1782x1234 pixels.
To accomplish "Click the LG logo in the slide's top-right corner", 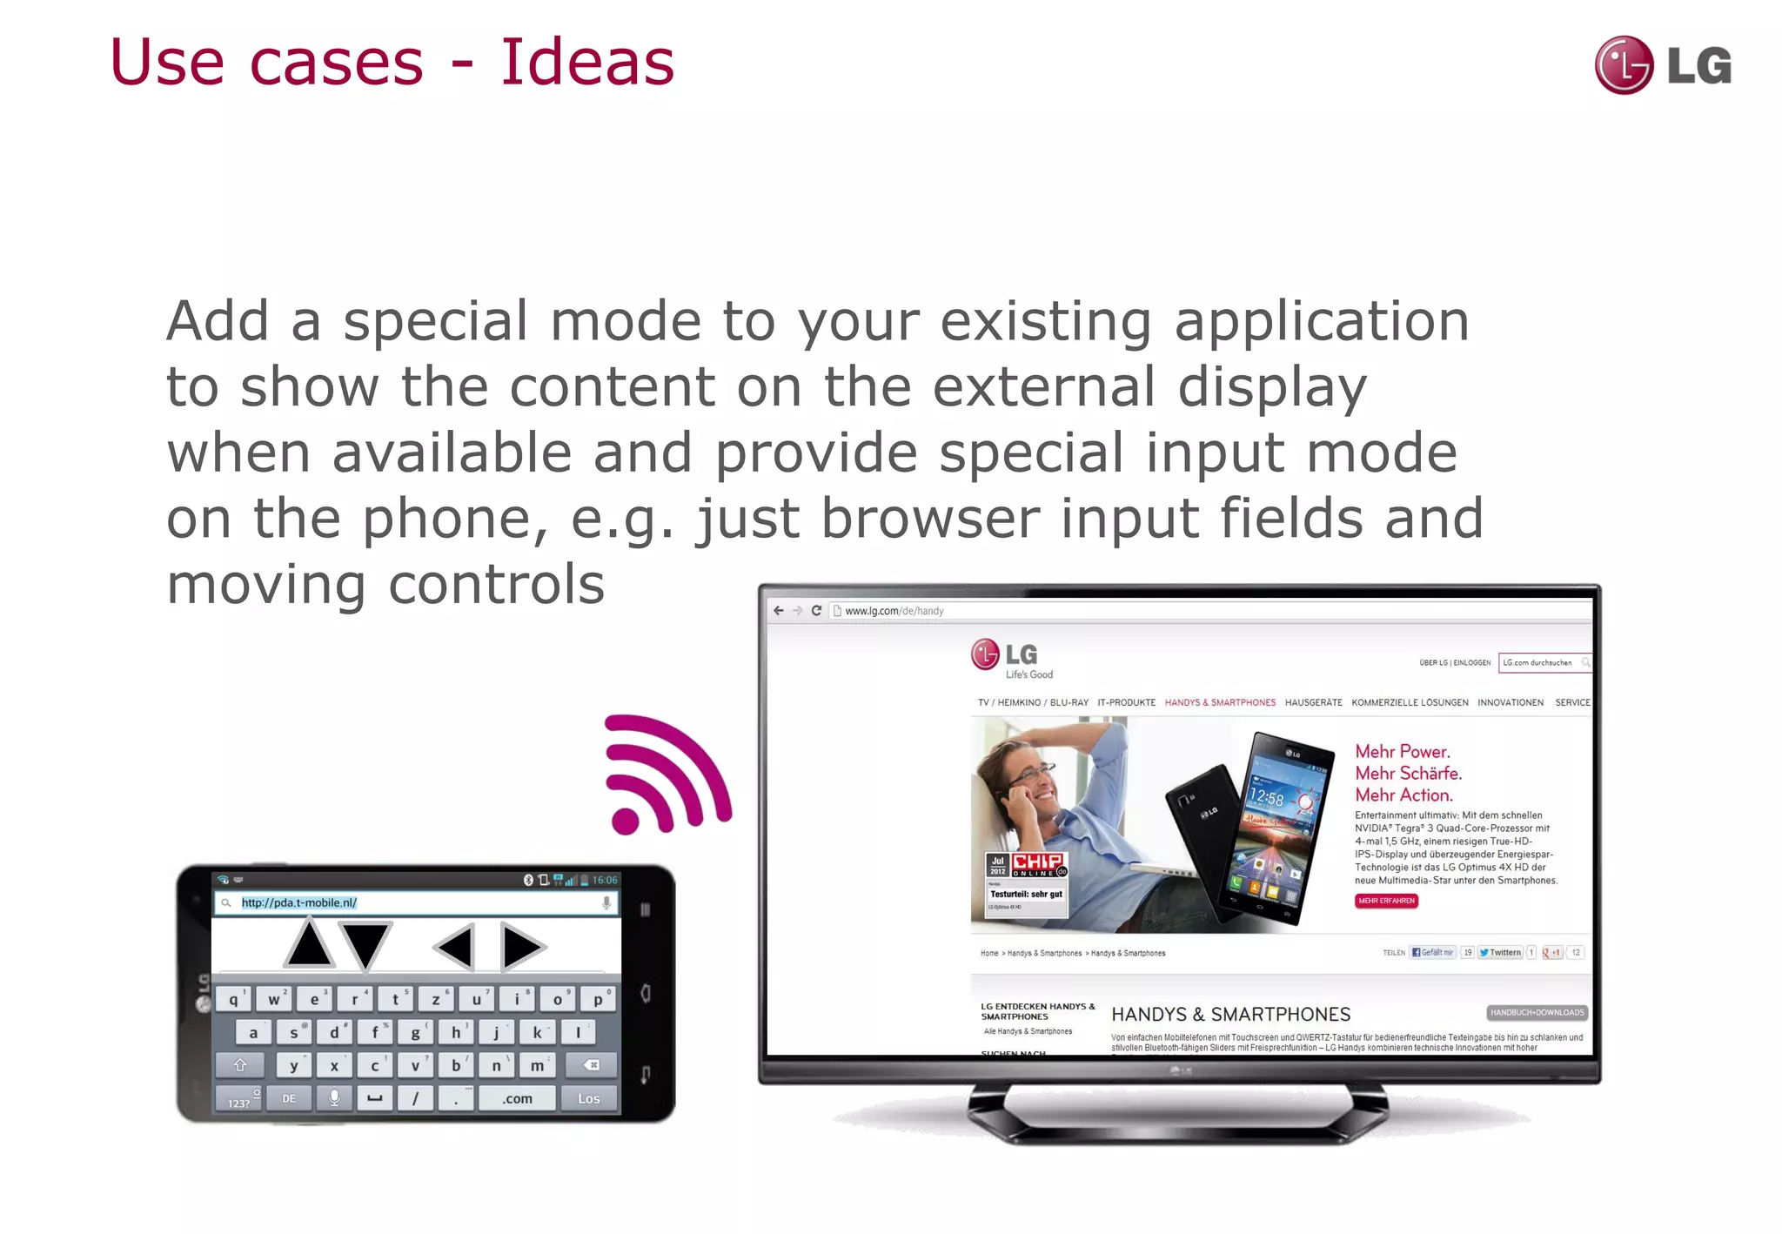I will click(x=1663, y=65).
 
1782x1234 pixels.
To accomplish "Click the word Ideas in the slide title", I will click(x=587, y=63).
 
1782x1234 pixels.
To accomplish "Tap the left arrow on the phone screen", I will click(x=455, y=946).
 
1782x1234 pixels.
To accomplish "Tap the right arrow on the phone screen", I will click(x=522, y=947).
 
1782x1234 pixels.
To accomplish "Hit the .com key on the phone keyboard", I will click(x=517, y=1098).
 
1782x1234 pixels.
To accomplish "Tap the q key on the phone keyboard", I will click(x=233, y=1000).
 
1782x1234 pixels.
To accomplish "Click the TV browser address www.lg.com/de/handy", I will click(x=894, y=611).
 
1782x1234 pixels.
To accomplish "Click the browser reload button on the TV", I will click(x=816, y=611).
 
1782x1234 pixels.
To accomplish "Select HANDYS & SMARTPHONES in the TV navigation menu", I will click(x=1220, y=702).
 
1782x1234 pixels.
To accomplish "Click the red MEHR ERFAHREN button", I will click(x=1386, y=901).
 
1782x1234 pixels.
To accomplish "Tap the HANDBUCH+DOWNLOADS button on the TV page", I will click(x=1537, y=1012).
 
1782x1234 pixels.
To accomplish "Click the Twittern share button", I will click(x=1500, y=952).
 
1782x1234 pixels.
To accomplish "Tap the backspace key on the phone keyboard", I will click(x=591, y=1064).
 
